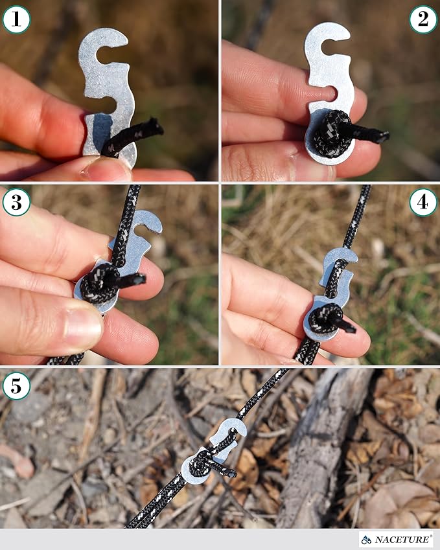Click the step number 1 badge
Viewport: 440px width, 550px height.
coord(16,19)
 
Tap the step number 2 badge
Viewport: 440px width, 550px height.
coord(423,19)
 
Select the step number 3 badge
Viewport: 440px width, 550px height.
coord(16,203)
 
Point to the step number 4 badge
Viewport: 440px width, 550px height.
coord(423,203)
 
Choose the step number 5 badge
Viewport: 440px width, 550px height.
coord(16,387)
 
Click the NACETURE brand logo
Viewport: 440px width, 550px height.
coord(396,539)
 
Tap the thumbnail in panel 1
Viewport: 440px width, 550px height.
coord(108,169)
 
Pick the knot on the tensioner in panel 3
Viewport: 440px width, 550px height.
coord(100,282)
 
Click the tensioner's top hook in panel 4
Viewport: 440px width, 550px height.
coord(343,256)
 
